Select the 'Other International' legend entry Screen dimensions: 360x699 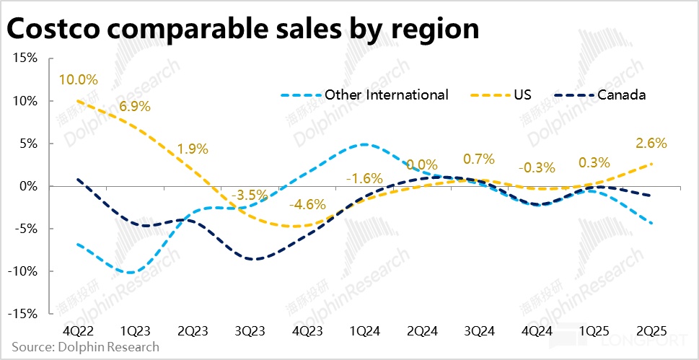point(386,95)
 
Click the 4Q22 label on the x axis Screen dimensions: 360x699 point(77,330)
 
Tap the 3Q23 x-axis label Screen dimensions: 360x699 point(250,330)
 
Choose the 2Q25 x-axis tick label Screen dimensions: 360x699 point(652,330)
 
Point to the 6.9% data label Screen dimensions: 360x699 point(134,107)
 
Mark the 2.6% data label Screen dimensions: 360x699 point(651,143)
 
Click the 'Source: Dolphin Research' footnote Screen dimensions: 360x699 point(85,347)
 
